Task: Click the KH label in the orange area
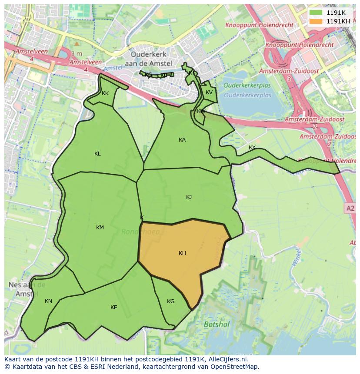tap(182, 253)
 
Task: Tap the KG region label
tap(170, 301)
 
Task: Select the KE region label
tap(113, 308)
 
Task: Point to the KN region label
tap(48, 301)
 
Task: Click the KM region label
tap(100, 228)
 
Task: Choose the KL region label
tap(97, 154)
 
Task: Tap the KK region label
tap(105, 93)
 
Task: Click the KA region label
tap(182, 140)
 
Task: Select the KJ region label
tap(189, 197)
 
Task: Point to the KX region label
tap(252, 148)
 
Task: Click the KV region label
tap(209, 93)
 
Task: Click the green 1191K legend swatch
tap(317, 13)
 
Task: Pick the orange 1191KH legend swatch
tap(317, 21)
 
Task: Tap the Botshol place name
tap(216, 324)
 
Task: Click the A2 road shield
tap(350, 209)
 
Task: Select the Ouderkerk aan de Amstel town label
tap(152, 59)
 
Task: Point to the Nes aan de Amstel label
tap(27, 289)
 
